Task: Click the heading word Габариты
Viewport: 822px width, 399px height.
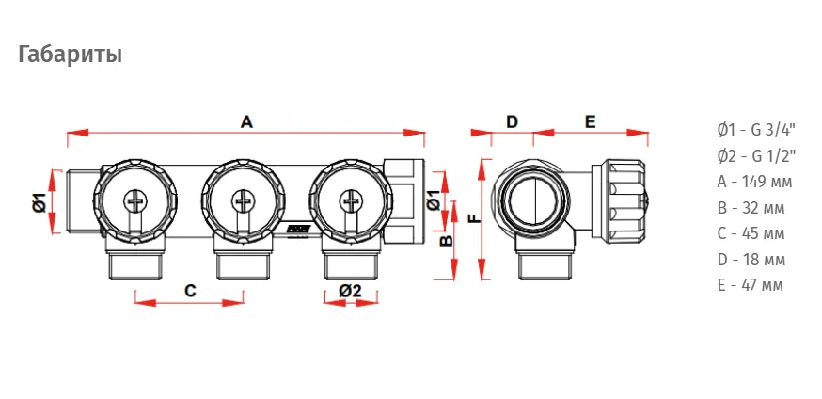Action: [x=71, y=55]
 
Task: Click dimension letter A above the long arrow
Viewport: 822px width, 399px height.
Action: [x=246, y=122]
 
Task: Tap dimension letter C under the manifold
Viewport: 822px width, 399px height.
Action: [x=190, y=291]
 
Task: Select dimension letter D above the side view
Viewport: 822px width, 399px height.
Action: [x=512, y=122]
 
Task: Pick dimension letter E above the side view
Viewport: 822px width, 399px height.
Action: [x=591, y=122]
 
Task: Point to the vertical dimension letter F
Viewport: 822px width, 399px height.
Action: [x=474, y=218]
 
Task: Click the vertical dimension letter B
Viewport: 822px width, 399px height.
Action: [x=446, y=241]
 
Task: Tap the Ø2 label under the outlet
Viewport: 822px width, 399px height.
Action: [x=350, y=291]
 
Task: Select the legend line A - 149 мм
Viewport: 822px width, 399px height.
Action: [x=754, y=182]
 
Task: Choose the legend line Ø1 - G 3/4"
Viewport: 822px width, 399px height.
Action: [x=757, y=130]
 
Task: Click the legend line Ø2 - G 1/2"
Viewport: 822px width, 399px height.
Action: [x=757, y=155]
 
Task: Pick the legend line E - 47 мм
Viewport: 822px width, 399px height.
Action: [x=751, y=285]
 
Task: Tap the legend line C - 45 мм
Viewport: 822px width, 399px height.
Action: [x=751, y=233]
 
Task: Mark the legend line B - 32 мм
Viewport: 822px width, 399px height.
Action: [x=751, y=208]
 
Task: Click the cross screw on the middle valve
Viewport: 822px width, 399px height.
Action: [x=244, y=200]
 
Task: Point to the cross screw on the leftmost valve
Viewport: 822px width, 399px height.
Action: [x=135, y=200]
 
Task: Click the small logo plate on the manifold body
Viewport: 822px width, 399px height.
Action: [x=300, y=229]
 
